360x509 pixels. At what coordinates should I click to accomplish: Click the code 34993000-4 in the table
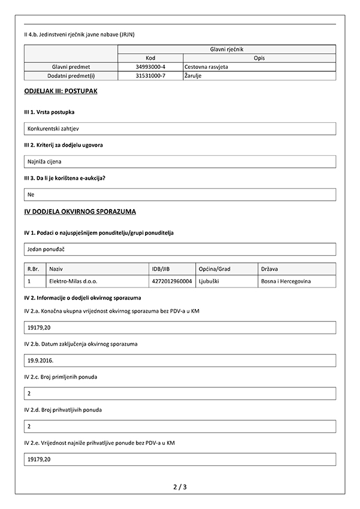click(x=151, y=67)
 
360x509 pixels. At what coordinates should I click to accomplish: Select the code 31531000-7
click(x=151, y=76)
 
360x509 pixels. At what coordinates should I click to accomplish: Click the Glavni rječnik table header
click(x=226, y=49)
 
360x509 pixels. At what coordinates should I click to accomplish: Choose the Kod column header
click(x=151, y=58)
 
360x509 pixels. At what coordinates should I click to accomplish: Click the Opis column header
click(x=259, y=58)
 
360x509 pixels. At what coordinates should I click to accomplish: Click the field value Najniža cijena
click(x=44, y=162)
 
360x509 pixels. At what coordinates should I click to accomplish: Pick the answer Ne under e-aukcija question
click(x=31, y=195)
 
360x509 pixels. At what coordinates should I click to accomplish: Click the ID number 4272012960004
click(x=172, y=281)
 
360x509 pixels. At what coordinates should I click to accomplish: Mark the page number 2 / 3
click(x=180, y=487)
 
